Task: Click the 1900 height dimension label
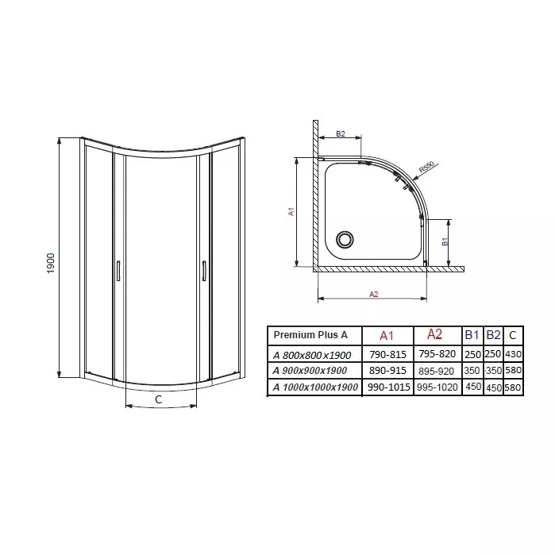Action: click(51, 263)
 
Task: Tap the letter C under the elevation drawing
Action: click(159, 399)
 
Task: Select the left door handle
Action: click(118, 271)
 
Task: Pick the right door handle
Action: click(204, 271)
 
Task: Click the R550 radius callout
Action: click(426, 167)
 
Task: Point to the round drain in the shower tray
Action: click(345, 239)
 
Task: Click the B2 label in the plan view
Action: click(340, 134)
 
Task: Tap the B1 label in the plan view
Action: click(445, 241)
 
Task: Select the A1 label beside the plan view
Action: click(291, 212)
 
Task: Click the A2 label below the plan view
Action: click(374, 294)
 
